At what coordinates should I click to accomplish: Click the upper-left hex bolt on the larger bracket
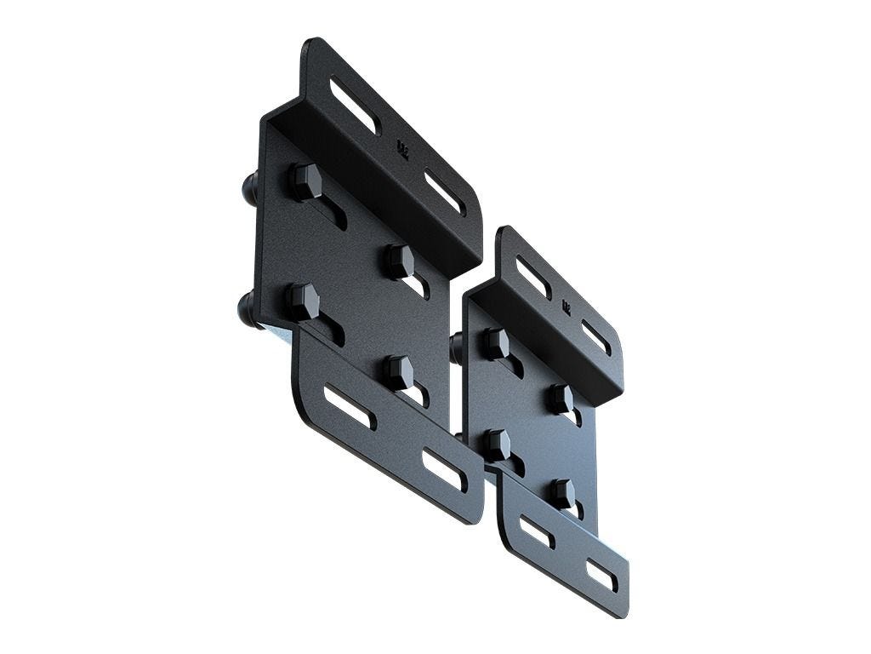pos(305,181)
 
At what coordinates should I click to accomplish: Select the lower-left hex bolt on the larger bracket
pos(302,301)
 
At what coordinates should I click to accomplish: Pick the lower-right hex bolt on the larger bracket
pos(396,371)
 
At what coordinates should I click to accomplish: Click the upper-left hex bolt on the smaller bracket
pos(496,343)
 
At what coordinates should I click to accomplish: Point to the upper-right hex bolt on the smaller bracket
pos(560,399)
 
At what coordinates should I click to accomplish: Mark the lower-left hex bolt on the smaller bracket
pos(496,445)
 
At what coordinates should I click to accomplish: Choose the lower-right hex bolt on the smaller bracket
pos(561,493)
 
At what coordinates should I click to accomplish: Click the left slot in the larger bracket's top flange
pos(356,106)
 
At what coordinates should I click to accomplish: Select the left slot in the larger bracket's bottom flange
pos(348,407)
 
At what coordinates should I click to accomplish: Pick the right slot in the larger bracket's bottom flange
pos(444,469)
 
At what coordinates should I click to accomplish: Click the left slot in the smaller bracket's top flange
pos(533,277)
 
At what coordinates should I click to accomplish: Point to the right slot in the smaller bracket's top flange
pos(595,337)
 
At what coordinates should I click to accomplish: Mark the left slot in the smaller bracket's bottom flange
pos(537,532)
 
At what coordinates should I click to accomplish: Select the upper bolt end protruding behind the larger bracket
pos(250,185)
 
